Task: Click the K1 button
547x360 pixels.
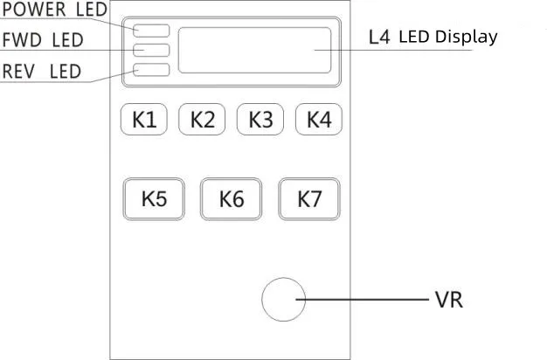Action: pos(144,120)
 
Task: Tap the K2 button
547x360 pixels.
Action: pos(202,120)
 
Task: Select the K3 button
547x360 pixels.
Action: pos(260,120)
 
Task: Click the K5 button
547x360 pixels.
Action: pos(154,199)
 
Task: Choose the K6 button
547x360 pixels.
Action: pos(232,199)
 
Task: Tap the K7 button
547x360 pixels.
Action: pos(309,199)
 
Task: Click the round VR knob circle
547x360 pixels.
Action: pos(284,300)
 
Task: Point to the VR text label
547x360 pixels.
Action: pos(448,300)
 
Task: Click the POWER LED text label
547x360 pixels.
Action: pos(54,10)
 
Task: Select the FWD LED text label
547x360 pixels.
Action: pos(41,39)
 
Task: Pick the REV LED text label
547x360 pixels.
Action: pos(41,71)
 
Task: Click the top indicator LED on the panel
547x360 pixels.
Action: pos(152,31)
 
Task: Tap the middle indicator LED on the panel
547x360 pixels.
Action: pos(152,51)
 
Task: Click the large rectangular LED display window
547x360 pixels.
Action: pos(254,50)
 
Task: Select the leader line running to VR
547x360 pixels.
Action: pos(367,300)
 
